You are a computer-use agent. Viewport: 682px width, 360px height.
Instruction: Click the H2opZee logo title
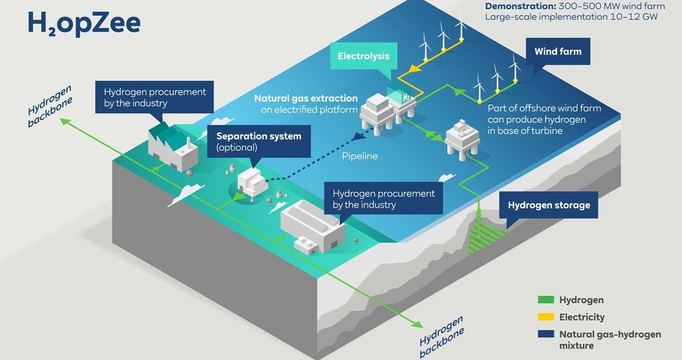84,24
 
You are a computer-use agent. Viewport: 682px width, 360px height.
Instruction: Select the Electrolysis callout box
364,56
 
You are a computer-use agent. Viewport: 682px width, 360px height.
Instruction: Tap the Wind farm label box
558,52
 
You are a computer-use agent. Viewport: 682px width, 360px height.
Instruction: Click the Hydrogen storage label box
549,205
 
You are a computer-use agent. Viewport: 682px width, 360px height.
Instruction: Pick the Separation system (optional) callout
259,142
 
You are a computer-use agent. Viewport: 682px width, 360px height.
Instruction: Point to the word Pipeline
360,156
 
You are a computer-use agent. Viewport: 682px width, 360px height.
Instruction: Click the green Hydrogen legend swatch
546,300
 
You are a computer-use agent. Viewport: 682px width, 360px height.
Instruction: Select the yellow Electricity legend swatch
546,317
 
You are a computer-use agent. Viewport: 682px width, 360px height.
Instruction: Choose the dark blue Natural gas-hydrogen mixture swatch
546,334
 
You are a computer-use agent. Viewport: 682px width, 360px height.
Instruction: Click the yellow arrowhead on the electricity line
413,69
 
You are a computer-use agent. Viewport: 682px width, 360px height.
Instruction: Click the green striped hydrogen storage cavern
485,239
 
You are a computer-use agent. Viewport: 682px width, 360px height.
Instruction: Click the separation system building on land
253,182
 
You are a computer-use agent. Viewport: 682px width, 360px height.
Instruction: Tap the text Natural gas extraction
306,99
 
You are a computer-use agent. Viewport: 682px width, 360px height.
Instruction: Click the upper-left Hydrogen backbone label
50,106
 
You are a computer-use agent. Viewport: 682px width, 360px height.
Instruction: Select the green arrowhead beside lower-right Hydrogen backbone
418,324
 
